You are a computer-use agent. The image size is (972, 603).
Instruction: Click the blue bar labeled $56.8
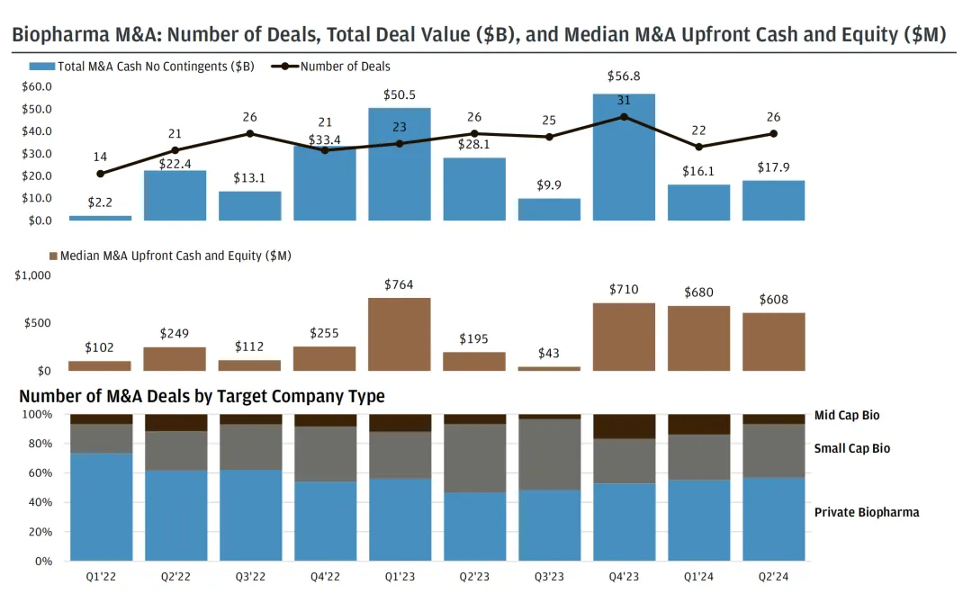(624, 157)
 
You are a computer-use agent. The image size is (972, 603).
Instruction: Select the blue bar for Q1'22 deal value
(100, 218)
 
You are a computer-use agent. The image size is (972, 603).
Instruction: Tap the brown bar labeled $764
(399, 334)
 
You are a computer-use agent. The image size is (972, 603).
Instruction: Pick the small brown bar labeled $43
(549, 368)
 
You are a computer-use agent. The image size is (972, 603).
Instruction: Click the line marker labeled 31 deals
(624, 117)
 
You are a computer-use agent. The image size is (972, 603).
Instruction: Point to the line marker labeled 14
(100, 174)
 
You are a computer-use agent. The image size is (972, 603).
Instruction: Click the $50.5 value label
(399, 94)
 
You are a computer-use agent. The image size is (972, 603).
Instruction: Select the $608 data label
(773, 300)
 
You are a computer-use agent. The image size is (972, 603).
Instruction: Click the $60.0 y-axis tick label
(36, 86)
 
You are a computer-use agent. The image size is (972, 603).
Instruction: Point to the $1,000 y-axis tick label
(33, 275)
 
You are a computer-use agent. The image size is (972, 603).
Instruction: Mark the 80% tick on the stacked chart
(39, 444)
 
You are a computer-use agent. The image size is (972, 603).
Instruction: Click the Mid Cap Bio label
(847, 416)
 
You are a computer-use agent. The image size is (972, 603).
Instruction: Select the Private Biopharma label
(867, 512)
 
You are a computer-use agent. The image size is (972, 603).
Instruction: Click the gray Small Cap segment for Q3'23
(549, 454)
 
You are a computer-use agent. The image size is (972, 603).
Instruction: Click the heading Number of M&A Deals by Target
(202, 396)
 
